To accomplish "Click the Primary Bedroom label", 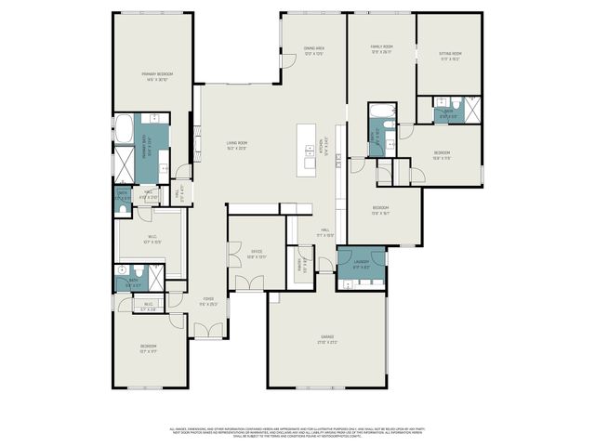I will (x=157, y=76).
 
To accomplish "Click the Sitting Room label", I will (x=450, y=56).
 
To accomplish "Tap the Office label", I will (x=257, y=253).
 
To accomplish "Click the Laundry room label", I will (x=361, y=263).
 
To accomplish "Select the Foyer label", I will (x=208, y=301).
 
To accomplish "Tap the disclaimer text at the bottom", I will (x=297, y=432).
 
